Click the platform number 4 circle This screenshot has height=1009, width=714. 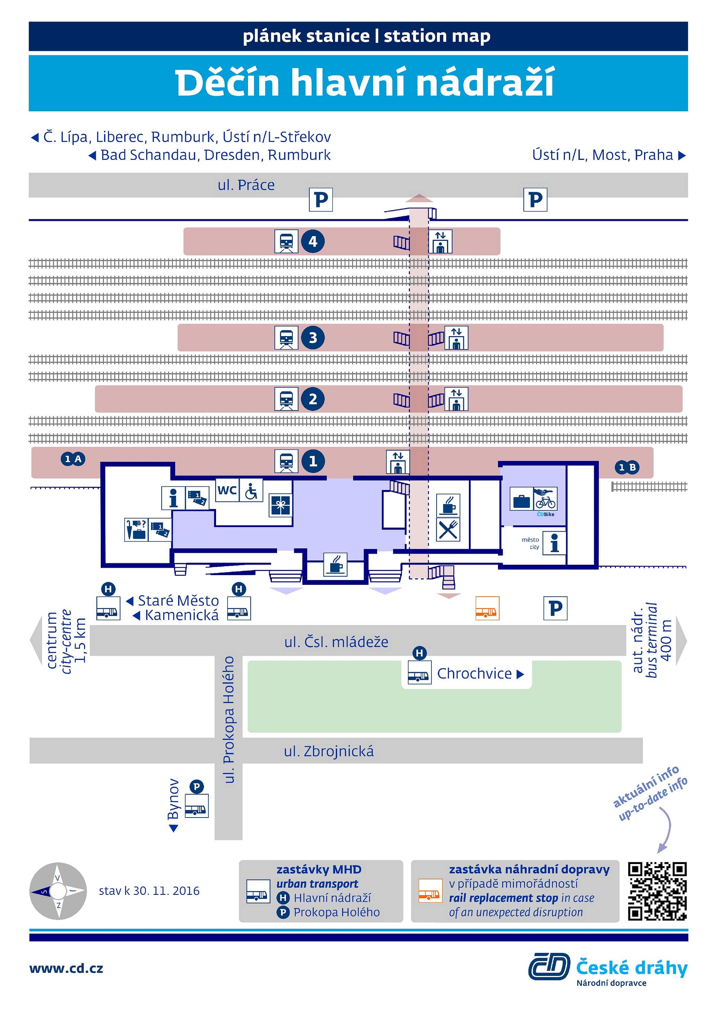(x=313, y=241)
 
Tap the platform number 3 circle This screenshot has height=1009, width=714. (x=313, y=338)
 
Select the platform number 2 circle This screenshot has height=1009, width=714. (x=313, y=399)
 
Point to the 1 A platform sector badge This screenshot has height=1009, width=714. (x=73, y=459)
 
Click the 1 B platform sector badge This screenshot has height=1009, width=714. (x=627, y=467)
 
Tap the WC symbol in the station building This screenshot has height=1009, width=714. (x=227, y=490)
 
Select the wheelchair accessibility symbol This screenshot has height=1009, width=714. (x=251, y=490)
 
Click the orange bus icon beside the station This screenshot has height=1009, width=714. (x=487, y=608)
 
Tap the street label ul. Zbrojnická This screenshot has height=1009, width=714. (x=329, y=751)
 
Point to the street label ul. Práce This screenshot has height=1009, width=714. (x=246, y=185)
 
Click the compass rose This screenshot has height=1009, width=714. (x=58, y=891)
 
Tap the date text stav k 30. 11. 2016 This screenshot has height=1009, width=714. (x=149, y=891)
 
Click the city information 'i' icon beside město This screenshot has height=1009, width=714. (x=554, y=543)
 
